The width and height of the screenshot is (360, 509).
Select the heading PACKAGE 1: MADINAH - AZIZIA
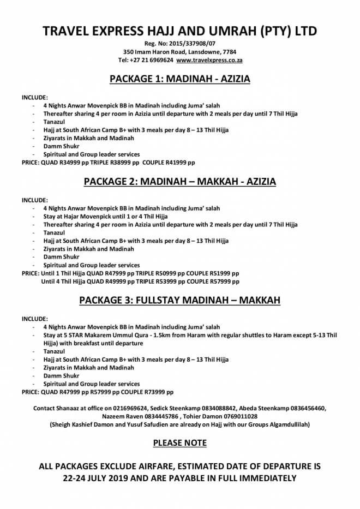pos(180,80)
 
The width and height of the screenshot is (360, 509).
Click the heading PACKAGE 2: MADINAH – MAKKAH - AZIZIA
pos(180,182)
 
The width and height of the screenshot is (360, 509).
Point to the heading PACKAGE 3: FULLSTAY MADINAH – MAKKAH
pos(180,300)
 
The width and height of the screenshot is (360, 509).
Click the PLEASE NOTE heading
pos(180,443)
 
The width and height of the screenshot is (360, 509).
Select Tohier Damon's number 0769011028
pos(239,416)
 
